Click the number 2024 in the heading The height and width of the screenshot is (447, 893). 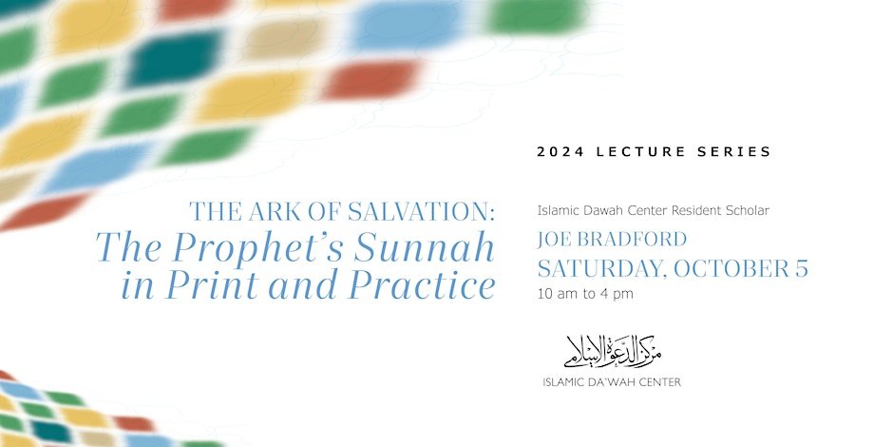point(560,151)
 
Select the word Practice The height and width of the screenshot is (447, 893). point(422,285)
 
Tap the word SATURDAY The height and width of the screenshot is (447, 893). point(602,268)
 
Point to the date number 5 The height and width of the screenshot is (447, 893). point(801,269)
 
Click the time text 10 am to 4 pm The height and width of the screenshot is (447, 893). point(585,294)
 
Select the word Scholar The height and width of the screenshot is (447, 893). point(748,210)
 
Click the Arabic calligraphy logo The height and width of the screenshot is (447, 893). point(613,350)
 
